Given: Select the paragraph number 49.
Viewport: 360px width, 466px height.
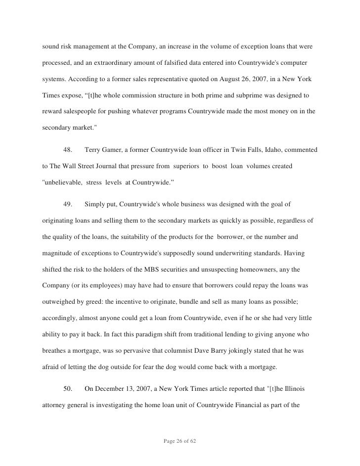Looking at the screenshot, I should coord(69,204).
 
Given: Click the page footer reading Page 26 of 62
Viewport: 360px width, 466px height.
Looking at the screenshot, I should coord(180,440).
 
